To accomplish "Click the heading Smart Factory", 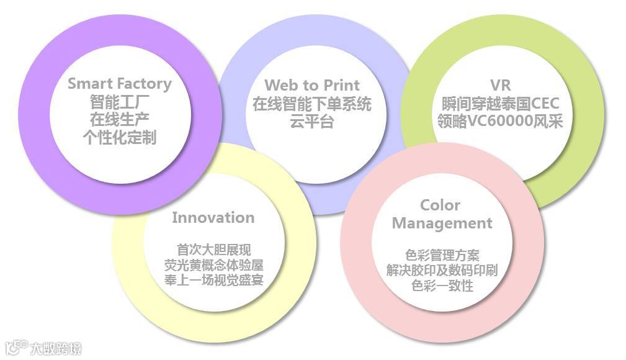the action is (119, 83).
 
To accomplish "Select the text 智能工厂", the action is (119, 101).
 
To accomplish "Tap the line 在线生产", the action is (119, 119).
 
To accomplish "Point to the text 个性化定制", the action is (119, 137).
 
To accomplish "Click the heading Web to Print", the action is (311, 85).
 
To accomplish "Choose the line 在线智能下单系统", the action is (311, 104).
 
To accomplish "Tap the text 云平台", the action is (311, 122).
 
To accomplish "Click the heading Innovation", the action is (213, 218).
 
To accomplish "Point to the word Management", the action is (442, 223).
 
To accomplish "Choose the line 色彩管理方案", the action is (442, 255).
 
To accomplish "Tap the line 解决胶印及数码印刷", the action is (442, 271).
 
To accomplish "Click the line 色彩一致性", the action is (442, 286).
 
